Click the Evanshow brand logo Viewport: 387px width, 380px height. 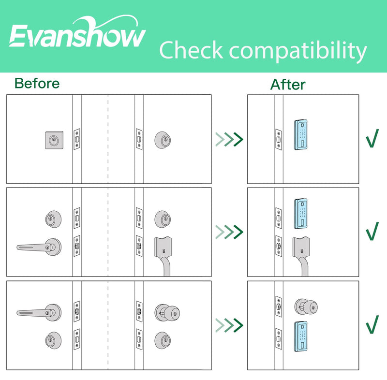pos(77,32)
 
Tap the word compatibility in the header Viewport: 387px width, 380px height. pos(298,52)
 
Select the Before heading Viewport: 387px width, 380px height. pos(37,83)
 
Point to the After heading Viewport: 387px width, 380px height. pos(288,85)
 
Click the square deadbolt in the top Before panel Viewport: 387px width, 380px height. pos(54,140)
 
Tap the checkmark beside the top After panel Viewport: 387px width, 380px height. pos(372,138)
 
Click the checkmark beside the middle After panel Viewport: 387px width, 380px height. pos(372,231)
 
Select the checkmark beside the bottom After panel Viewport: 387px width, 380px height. pos(372,324)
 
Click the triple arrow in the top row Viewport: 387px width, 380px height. pos(229,139)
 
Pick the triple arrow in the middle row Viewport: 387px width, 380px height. pos(229,232)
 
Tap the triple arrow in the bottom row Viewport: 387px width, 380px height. pos(229,325)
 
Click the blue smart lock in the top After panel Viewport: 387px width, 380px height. pos(301,135)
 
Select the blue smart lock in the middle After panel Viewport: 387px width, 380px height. pos(301,214)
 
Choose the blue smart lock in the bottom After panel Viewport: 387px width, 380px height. pos(301,336)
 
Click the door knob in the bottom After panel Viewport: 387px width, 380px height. pos(306,307)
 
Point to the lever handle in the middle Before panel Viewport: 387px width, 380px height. pos(39,247)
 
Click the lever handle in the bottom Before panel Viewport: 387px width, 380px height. pos(39,312)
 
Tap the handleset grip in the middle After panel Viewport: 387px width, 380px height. pos(301,256)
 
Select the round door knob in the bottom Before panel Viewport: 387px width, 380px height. pos(167,313)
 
